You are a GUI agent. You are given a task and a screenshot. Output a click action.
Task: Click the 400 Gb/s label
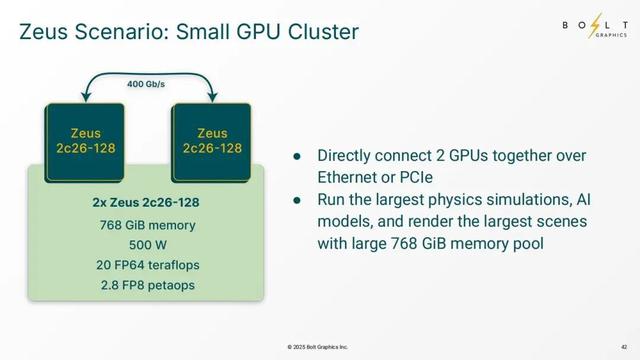[x=146, y=84]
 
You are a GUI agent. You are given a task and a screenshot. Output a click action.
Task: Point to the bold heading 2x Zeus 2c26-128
[x=146, y=203]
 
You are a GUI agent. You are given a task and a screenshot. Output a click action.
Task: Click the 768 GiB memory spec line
[x=146, y=224]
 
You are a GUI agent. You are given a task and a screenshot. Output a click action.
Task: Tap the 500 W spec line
[x=146, y=244]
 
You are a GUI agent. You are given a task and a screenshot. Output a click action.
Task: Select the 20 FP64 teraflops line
[x=146, y=264]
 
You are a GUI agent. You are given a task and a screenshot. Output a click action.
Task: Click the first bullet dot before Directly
[x=297, y=157]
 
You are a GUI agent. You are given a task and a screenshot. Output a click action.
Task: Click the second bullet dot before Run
[x=297, y=201]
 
